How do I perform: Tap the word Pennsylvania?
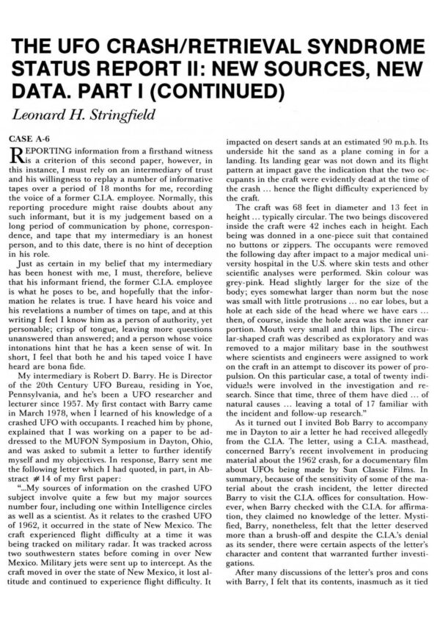48,382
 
